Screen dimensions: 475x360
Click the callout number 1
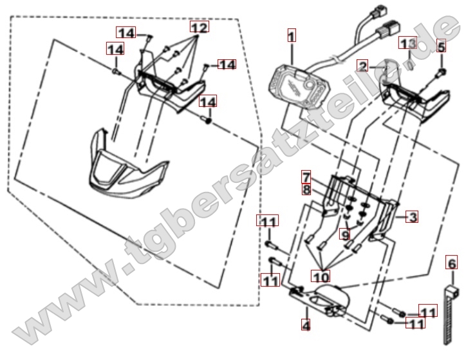click(x=292, y=35)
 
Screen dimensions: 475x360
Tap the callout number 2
click(x=362, y=66)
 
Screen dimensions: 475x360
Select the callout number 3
click(x=412, y=216)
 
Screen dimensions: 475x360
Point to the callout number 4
click(x=306, y=325)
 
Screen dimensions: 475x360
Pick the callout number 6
click(x=452, y=262)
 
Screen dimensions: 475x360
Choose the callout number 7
click(x=306, y=177)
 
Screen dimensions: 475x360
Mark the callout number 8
click(x=306, y=189)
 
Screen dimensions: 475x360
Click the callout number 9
click(x=345, y=234)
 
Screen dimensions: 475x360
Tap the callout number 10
click(x=321, y=276)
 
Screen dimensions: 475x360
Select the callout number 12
click(x=200, y=27)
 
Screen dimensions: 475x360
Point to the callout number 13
click(x=407, y=43)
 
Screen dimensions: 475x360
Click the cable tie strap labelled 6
click(x=450, y=315)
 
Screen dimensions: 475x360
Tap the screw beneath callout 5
click(x=441, y=72)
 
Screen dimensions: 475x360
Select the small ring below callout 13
click(x=410, y=65)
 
